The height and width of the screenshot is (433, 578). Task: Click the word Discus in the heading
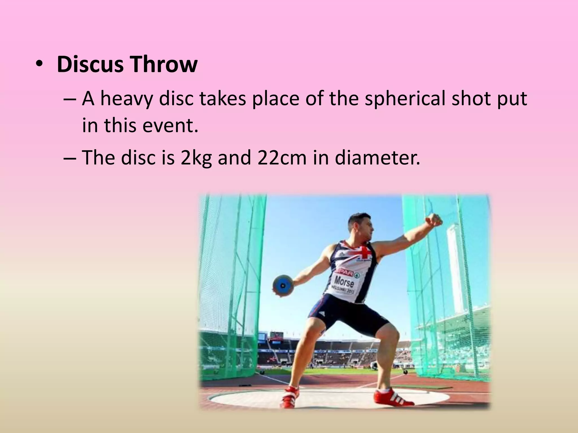click(90, 64)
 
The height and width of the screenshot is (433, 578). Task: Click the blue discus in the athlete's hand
click(283, 285)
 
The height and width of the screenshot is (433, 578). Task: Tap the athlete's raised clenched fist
click(434, 220)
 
